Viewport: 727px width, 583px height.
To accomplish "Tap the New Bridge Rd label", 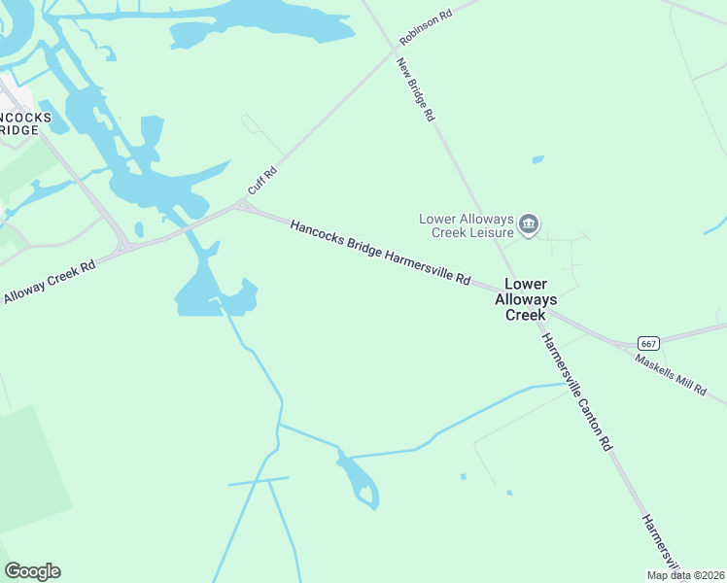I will coord(415,89).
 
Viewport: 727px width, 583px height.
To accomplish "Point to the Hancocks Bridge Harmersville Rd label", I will coord(380,252).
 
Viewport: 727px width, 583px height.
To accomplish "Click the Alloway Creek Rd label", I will coord(48,282).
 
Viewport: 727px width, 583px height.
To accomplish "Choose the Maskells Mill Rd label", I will coord(671,374).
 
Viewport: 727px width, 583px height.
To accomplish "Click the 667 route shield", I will coord(649,343).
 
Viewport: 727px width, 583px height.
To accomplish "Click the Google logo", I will coord(32,571).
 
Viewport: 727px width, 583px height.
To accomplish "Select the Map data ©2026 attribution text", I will coord(684,575).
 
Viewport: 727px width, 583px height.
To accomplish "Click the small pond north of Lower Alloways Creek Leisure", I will coord(537,159).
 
